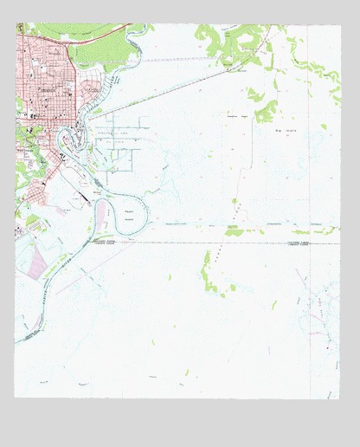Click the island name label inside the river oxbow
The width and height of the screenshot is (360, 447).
point(129,213)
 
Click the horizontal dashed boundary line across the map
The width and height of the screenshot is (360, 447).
point(216,243)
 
